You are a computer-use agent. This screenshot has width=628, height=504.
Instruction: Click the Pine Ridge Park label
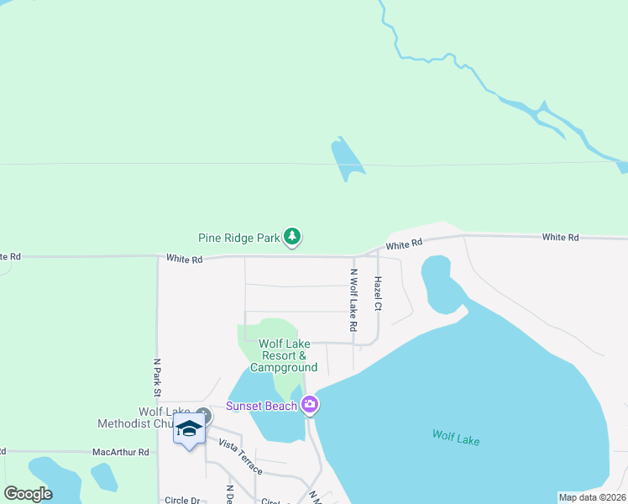[x=238, y=238]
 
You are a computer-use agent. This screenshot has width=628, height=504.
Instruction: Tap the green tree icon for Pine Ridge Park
[x=291, y=238]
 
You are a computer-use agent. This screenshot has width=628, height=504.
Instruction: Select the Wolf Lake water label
[x=455, y=436]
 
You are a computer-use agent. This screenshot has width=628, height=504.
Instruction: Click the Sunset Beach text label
[x=261, y=407]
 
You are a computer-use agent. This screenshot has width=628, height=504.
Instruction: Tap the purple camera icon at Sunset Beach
[x=310, y=406]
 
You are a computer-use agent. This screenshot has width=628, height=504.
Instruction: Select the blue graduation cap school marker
[x=189, y=429]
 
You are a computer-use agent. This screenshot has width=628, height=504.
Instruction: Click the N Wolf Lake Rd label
[x=353, y=300]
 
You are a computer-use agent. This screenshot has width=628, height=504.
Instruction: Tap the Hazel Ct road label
[x=379, y=294]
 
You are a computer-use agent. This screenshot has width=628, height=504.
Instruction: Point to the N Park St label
[x=156, y=378]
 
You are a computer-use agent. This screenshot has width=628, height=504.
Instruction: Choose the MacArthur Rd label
[x=120, y=452]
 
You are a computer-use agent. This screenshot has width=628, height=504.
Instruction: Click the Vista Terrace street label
[x=240, y=456]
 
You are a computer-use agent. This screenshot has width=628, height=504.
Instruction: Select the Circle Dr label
[x=182, y=500]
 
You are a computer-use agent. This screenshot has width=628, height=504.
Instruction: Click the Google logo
[x=28, y=494]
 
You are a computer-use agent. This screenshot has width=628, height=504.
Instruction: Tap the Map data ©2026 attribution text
[x=591, y=496]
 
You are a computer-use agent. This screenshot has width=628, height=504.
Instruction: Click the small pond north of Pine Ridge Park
[x=347, y=159]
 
